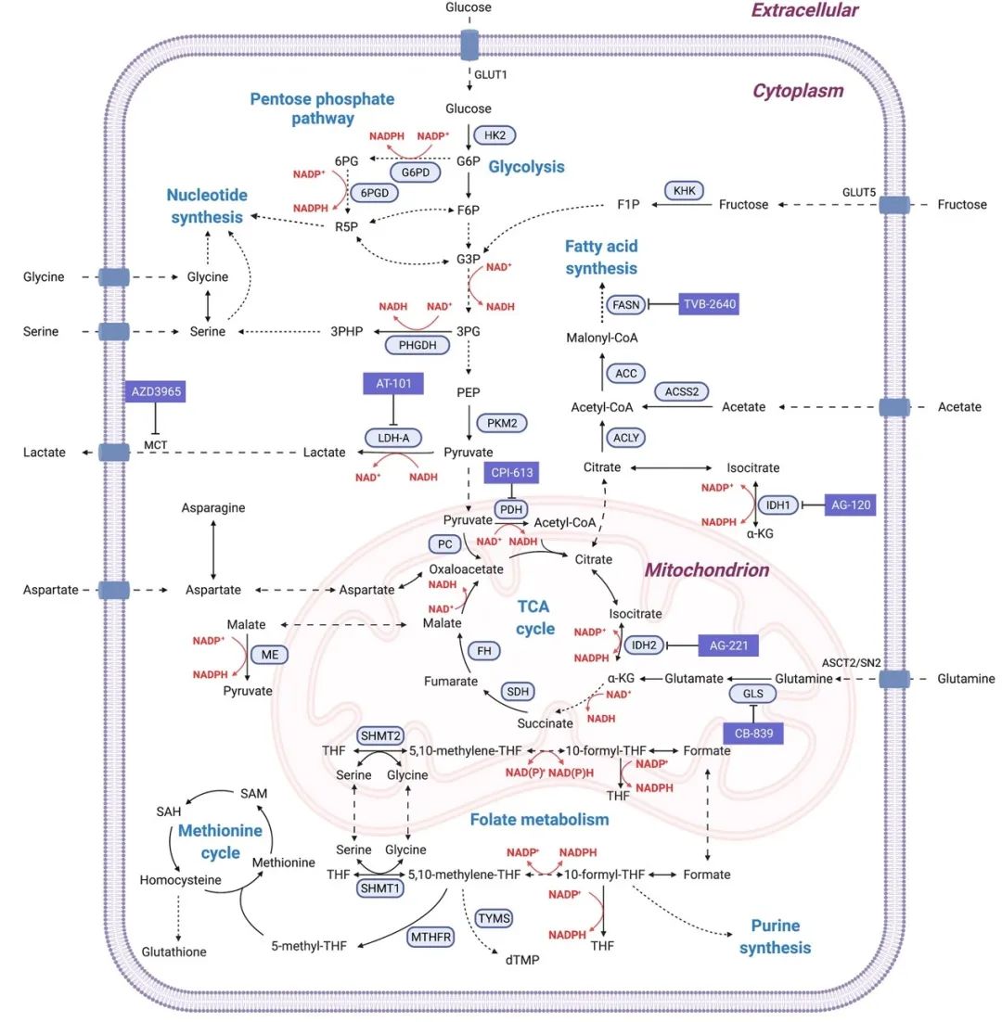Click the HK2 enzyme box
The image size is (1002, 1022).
click(495, 135)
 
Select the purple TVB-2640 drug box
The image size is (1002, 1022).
click(709, 303)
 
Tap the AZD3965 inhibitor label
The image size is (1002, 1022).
click(155, 390)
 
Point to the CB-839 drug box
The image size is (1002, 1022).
click(753, 733)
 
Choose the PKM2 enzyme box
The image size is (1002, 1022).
click(501, 423)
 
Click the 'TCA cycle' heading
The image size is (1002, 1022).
click(534, 618)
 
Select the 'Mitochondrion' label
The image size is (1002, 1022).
click(707, 570)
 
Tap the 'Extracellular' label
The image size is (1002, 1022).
click(804, 11)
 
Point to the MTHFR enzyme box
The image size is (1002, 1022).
click(430, 937)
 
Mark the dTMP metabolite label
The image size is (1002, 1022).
click(522, 960)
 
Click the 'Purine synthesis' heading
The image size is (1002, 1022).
click(775, 936)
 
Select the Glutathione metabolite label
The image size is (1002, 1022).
click(174, 952)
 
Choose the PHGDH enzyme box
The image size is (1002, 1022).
click(417, 345)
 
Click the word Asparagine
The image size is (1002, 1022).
click(213, 508)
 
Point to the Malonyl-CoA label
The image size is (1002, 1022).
click(602, 338)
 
